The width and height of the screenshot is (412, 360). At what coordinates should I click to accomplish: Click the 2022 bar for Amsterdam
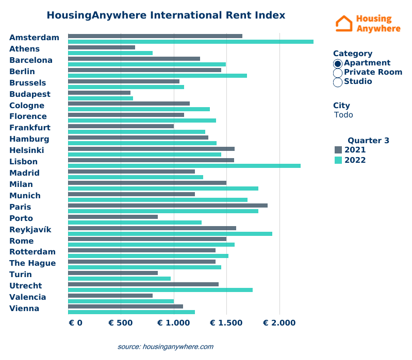(191, 42)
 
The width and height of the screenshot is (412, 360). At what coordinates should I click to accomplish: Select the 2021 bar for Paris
(168, 205)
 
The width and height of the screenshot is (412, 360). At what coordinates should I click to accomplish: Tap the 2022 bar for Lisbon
(184, 165)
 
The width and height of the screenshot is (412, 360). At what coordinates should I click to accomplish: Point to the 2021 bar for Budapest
(99, 93)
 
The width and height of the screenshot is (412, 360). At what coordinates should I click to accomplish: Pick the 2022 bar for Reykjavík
(170, 234)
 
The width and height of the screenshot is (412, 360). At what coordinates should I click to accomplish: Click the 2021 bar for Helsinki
(151, 148)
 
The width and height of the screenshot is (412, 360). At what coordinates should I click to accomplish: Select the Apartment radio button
(338, 63)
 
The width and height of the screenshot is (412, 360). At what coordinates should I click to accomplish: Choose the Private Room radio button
(338, 73)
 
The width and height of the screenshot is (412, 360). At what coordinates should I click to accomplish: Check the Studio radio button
(338, 82)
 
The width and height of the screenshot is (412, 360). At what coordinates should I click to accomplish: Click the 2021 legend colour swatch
(338, 150)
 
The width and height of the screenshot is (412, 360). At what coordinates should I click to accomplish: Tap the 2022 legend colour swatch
(338, 160)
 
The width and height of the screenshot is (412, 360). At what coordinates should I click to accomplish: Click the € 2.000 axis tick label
(279, 323)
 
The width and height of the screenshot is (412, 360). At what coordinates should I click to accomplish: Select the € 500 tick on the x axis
(121, 323)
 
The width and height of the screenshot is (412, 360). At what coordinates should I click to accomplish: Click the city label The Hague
(32, 263)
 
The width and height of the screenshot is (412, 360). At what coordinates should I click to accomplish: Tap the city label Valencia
(28, 297)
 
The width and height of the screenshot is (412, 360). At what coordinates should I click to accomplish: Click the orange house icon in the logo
(344, 23)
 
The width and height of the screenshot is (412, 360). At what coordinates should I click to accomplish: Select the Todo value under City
(343, 115)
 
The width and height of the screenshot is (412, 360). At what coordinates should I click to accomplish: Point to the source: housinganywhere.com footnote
(165, 347)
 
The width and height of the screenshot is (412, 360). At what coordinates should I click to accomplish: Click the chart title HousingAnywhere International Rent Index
(166, 15)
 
